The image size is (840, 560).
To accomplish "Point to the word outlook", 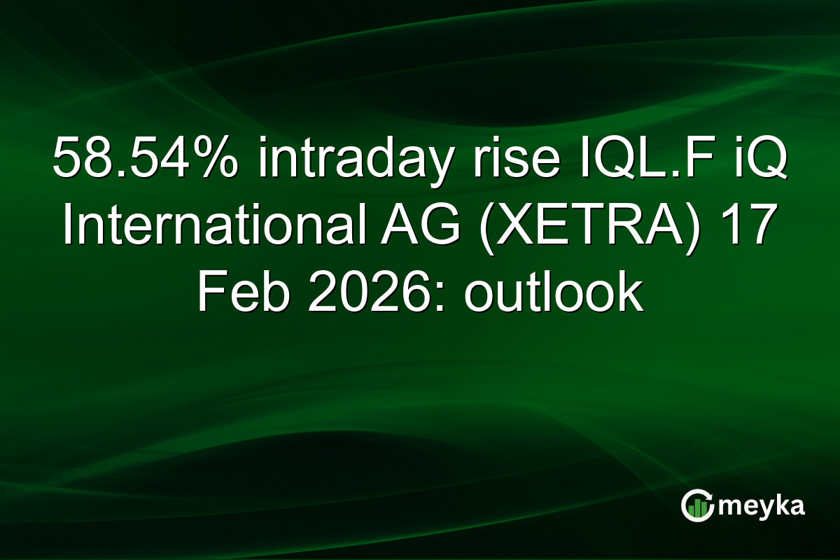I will click(x=553, y=295).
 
